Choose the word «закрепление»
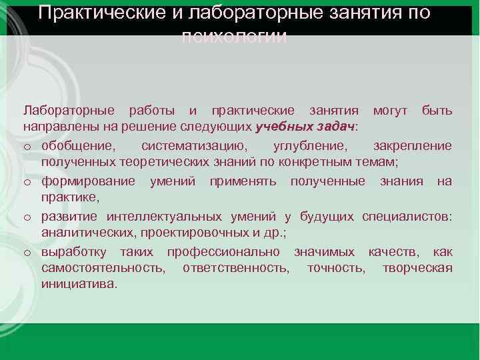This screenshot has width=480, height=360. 412,146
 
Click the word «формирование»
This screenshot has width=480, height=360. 88,181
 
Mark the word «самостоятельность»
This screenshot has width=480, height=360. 103,268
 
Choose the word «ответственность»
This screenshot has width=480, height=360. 237,268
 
